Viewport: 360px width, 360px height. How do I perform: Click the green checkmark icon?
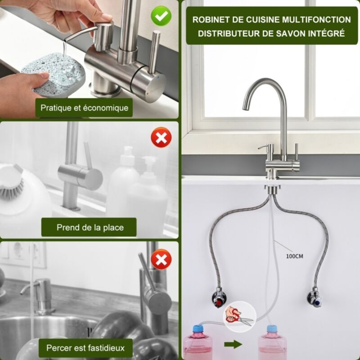point(161,17)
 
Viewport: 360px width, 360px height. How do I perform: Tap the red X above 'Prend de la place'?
point(161,138)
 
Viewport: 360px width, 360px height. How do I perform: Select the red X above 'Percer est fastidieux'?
point(160,260)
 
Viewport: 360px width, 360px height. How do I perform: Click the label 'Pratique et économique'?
point(84,108)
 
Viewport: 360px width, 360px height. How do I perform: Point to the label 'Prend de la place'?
point(90,227)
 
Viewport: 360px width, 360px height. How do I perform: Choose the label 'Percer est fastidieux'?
point(85,347)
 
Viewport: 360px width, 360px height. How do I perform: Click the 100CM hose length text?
point(295,256)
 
